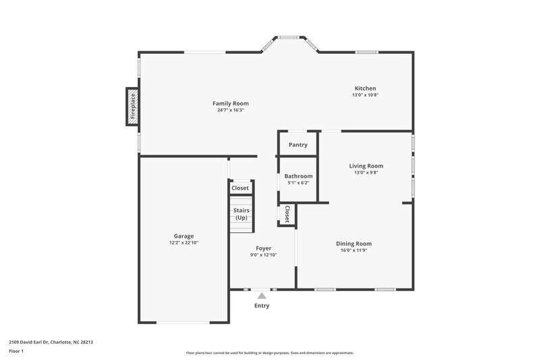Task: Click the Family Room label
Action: [x=231, y=103]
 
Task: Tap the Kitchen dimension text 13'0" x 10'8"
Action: [x=365, y=95]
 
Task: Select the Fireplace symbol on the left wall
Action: [x=132, y=106]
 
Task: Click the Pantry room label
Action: [x=298, y=145]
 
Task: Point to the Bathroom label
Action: [x=298, y=176]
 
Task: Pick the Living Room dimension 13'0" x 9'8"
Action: [x=366, y=172]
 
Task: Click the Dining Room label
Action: [x=354, y=244]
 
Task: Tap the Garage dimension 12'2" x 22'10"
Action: [x=184, y=243]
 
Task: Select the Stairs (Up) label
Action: [x=241, y=214]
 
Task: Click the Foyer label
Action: [x=263, y=248]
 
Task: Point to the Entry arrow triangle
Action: [x=261, y=294]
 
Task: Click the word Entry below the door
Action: [x=261, y=306]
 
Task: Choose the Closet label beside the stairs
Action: [x=240, y=188]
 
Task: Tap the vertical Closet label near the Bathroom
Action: [x=287, y=214]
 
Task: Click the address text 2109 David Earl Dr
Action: [x=51, y=342]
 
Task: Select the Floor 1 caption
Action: [x=17, y=352]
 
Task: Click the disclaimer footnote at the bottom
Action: [x=269, y=353]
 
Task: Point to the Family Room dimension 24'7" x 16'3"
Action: [x=231, y=110]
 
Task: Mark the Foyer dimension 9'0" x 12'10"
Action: [x=263, y=255]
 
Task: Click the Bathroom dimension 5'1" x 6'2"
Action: [x=298, y=183]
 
